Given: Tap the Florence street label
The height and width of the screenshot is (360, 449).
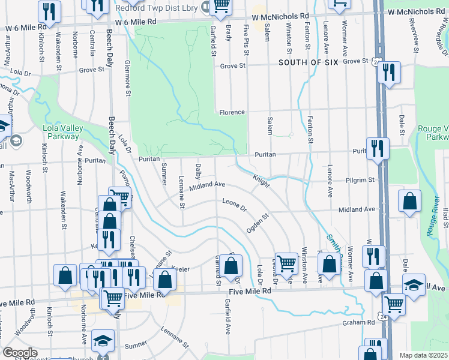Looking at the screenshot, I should pos(232,112).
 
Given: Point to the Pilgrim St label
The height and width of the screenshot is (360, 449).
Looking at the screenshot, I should pos(360,179).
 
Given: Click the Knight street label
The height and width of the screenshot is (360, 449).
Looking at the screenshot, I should pos(261,179).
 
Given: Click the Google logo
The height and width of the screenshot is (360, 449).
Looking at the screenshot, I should pos(20,353).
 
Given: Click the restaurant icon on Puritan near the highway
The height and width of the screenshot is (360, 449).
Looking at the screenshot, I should pos(378,148).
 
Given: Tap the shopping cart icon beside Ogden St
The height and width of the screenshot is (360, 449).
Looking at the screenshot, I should pos(286,262).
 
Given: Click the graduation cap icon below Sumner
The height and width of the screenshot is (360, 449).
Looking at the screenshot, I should pos(103,341).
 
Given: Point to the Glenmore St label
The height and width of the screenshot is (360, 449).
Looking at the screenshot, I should pos(127,78).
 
